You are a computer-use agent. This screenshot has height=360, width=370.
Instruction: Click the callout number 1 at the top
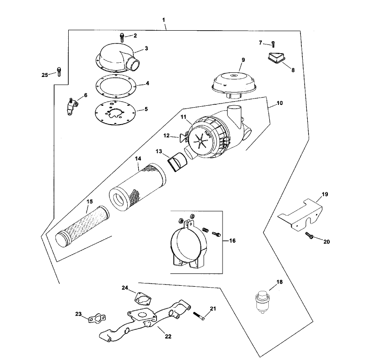[163, 20]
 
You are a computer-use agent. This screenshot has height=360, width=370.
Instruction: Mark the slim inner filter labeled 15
[81, 225]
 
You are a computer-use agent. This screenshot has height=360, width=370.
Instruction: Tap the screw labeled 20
[309, 236]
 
